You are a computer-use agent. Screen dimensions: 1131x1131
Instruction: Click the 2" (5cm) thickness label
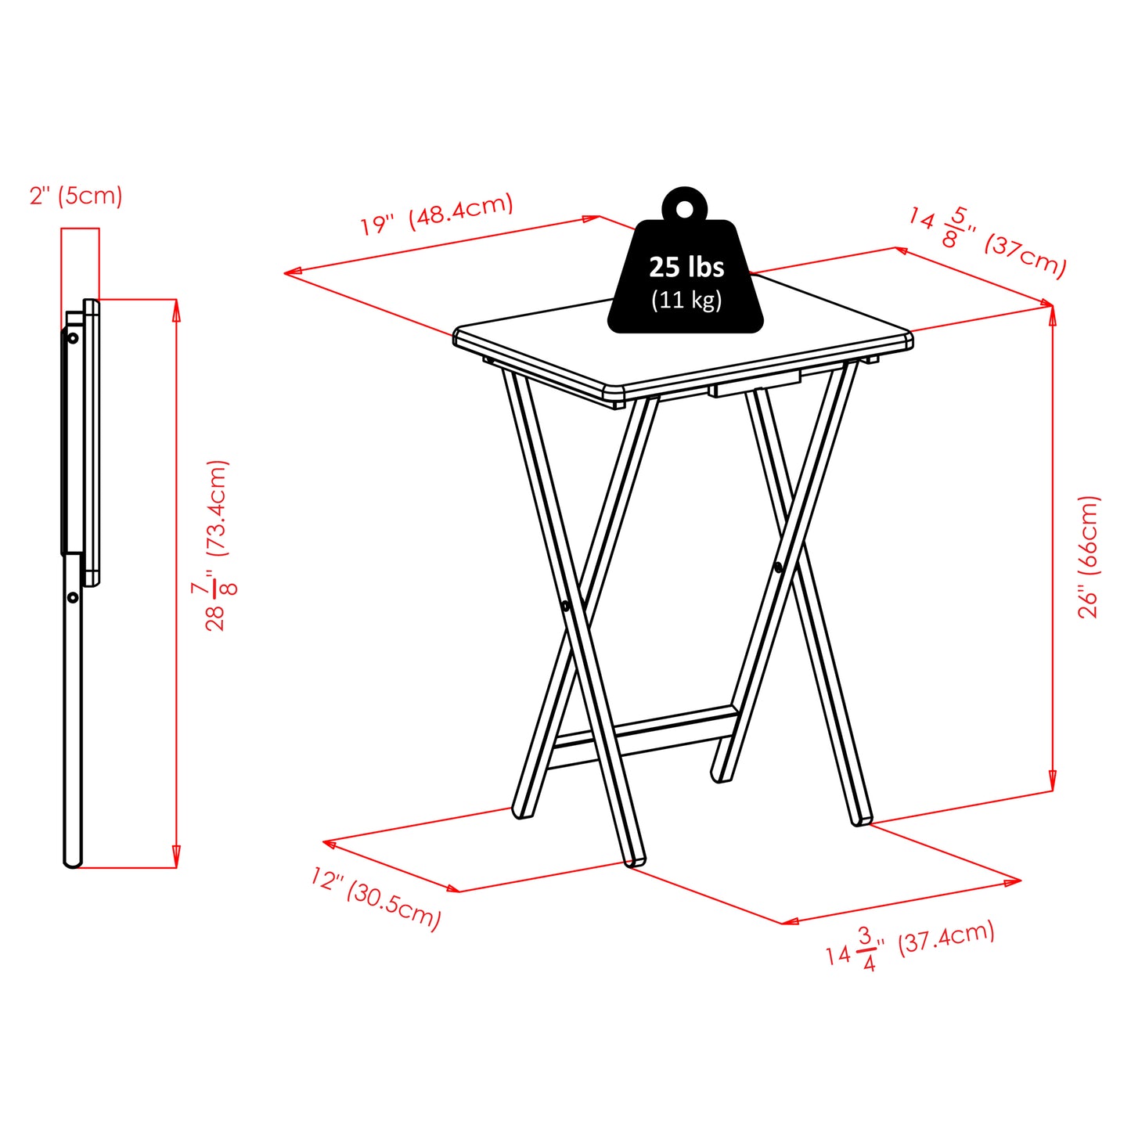click(76, 195)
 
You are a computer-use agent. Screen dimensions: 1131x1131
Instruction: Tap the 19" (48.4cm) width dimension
click(436, 213)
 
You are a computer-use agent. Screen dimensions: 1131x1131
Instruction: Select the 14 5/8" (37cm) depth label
click(988, 241)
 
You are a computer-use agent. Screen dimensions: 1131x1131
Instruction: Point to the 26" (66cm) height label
click(1089, 556)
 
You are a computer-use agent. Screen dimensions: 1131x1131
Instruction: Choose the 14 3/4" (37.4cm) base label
click(910, 946)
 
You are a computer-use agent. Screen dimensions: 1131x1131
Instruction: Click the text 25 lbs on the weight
click(686, 267)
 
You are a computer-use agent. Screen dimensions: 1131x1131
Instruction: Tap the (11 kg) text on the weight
click(686, 300)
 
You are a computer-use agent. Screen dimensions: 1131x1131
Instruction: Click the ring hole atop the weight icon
click(685, 210)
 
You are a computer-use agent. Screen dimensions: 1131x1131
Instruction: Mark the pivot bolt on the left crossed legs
click(565, 606)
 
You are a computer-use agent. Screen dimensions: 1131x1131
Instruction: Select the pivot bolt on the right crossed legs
click(778, 567)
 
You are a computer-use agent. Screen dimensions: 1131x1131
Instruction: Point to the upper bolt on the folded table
click(73, 338)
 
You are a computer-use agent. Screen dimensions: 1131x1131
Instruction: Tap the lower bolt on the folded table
click(73, 597)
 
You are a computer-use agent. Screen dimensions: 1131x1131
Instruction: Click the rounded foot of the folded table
click(72, 862)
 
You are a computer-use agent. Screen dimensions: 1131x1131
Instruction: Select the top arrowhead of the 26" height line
click(1053, 313)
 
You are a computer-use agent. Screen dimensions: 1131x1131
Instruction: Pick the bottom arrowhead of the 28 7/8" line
click(176, 859)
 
